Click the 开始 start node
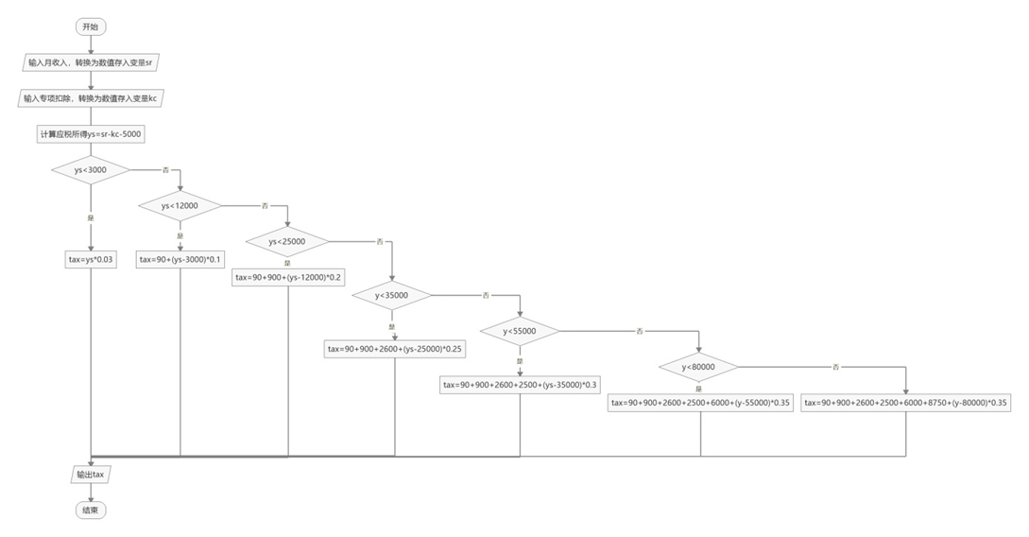(x=90, y=26)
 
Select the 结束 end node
(x=91, y=510)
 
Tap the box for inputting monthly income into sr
(x=91, y=62)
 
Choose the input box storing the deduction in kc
(x=91, y=98)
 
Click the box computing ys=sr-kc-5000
(x=91, y=134)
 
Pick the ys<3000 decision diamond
(x=91, y=170)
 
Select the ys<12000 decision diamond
(x=180, y=205)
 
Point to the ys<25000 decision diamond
(x=287, y=241)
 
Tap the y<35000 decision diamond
(x=392, y=295)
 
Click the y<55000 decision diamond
(x=519, y=331)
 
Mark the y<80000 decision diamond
(x=699, y=367)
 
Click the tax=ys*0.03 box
(x=91, y=259)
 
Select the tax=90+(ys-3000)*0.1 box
(x=180, y=259)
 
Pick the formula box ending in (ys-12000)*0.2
(x=287, y=277)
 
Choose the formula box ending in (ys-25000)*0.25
(x=395, y=349)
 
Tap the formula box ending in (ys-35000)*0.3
(x=521, y=385)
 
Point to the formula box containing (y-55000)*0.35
(x=700, y=403)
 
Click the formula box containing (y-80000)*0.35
(x=905, y=403)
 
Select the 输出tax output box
(x=91, y=474)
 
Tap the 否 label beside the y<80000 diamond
(x=835, y=367)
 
